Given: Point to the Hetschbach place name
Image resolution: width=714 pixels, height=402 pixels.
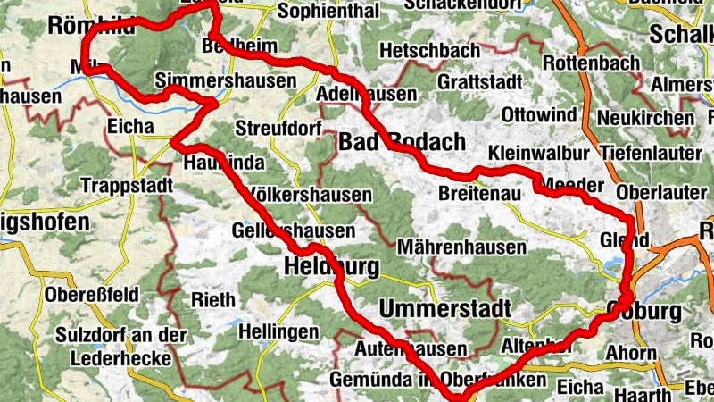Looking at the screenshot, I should (429, 51).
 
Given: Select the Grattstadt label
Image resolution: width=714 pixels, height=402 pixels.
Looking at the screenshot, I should (480, 81).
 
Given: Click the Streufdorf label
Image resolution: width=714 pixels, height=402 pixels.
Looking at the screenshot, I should (278, 129).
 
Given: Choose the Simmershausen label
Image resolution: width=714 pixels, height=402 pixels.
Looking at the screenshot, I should (225, 81).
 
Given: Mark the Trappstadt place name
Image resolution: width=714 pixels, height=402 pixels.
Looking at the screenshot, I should (124, 186).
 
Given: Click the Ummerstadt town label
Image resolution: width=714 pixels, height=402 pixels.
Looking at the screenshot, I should (444, 309).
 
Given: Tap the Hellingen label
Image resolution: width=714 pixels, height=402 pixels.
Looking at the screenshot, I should (278, 332).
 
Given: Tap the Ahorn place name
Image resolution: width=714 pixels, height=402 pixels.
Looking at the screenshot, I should (630, 353).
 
